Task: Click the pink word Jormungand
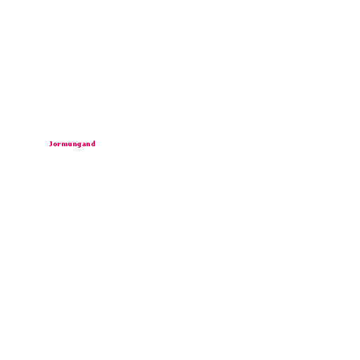coord(72,144)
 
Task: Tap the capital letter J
coord(51,143)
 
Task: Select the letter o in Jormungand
coord(56,144)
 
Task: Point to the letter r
coord(60,144)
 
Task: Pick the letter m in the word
coord(65,144)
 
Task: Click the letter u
coord(70,144)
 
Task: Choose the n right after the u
coord(75,144)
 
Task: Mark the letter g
coord(79,145)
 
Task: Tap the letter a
coord(84,144)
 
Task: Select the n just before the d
coord(89,144)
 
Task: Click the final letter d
coord(93,143)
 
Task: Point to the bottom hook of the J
coord(50,146)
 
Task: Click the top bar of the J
coord(51,141)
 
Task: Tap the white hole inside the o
coord(56,144)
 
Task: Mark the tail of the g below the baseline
coord(79,147)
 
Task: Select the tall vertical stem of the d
coord(94,143)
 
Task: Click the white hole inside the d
coord(93,144)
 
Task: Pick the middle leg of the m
coord(65,144)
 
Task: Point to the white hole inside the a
coord(84,145)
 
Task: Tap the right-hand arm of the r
coord(60,143)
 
